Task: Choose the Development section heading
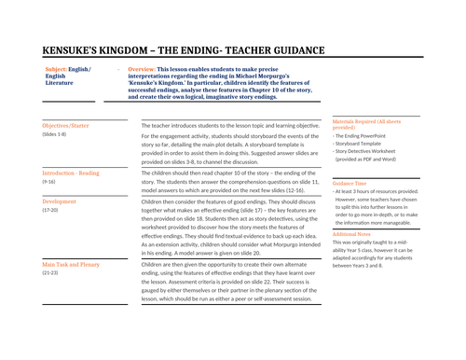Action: click(x=60, y=201)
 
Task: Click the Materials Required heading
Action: click(x=372, y=123)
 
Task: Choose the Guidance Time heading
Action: click(x=355, y=182)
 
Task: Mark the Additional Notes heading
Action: click(x=358, y=234)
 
